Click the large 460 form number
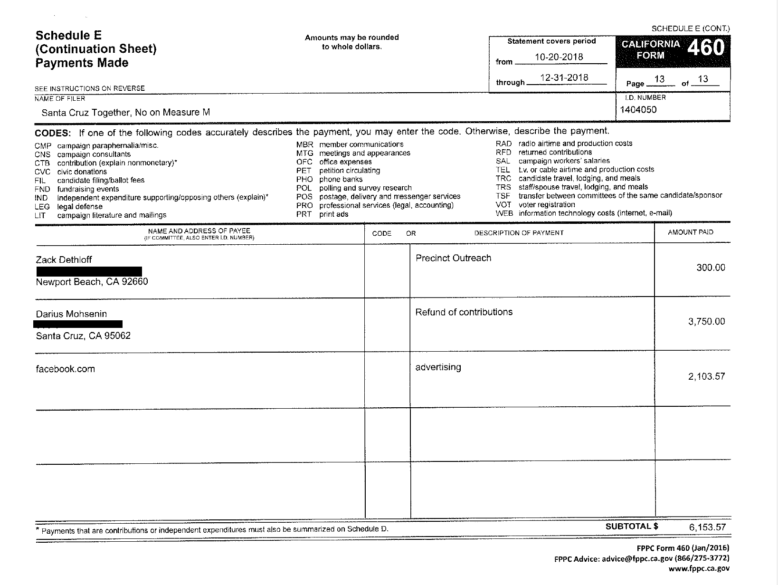pyautogui.click(x=706, y=48)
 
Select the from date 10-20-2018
pyautogui.click(x=559, y=57)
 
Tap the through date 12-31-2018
pyautogui.click(x=564, y=77)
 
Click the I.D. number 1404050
pyautogui.click(x=638, y=110)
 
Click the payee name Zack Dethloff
pyautogui.click(x=64, y=259)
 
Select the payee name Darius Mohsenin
pyautogui.click(x=71, y=314)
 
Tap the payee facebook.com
pyautogui.click(x=65, y=369)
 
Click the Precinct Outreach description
pyautogui.click(x=453, y=258)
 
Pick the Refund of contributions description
pyautogui.click(x=464, y=312)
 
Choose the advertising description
pyautogui.click(x=438, y=367)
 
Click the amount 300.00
pyautogui.click(x=711, y=268)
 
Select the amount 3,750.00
pyautogui.click(x=706, y=322)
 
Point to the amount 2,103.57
pyautogui.click(x=706, y=377)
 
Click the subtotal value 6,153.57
pyautogui.click(x=707, y=527)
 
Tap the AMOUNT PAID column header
pyautogui.click(x=690, y=232)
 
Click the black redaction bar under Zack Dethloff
pyautogui.click(x=89, y=271)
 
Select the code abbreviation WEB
pyautogui.click(x=503, y=213)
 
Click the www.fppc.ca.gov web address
pyautogui.click(x=699, y=568)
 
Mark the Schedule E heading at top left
pyautogui.click(x=68, y=36)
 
